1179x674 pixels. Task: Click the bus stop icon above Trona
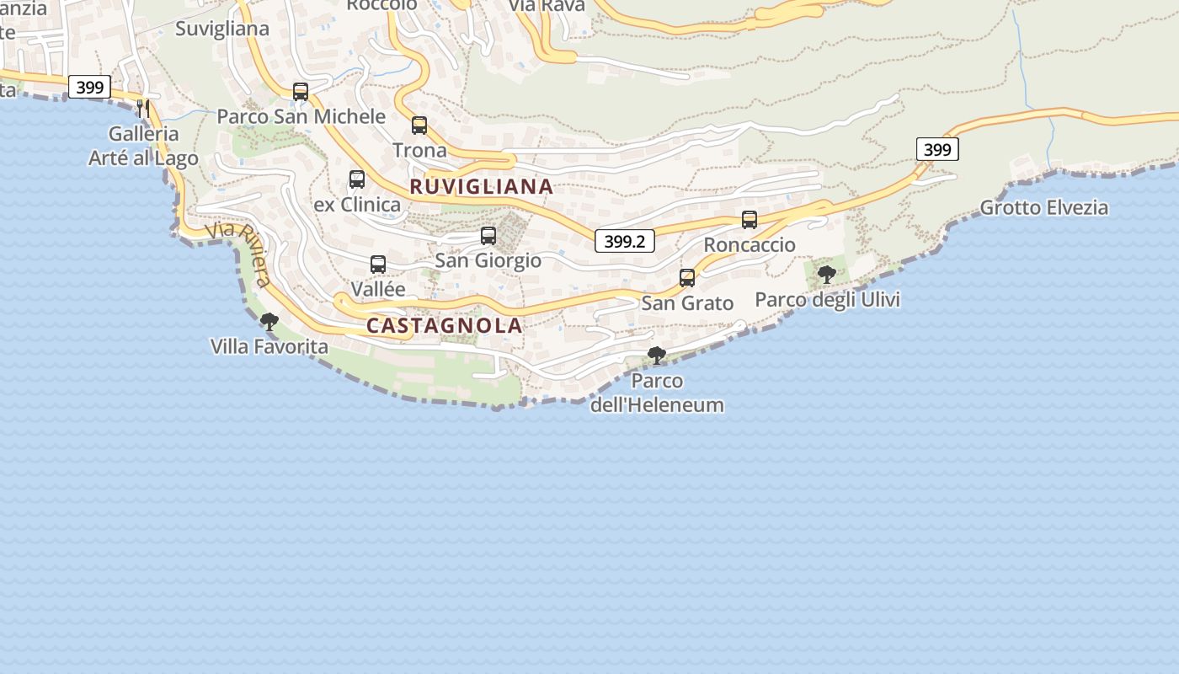[419, 126]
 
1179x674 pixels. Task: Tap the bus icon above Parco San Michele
[301, 91]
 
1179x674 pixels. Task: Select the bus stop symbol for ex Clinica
[357, 179]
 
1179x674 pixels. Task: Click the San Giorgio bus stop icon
[488, 236]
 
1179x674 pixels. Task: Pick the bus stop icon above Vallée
[378, 265]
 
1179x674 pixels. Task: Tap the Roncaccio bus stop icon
[750, 220]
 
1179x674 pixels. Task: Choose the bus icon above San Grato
[687, 278]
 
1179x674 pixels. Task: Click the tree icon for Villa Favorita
[269, 321]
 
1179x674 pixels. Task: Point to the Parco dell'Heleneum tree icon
[657, 356]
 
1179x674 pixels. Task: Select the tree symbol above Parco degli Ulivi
[827, 274]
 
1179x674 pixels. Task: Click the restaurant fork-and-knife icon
[143, 108]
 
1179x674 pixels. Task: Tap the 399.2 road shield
[624, 241]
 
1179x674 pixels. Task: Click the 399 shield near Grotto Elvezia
[937, 150]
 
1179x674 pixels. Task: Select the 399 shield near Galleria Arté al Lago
[89, 87]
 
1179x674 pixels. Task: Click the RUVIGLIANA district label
[482, 187]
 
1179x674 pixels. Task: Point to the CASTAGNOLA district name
[445, 326]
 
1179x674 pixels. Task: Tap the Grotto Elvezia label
[1044, 207]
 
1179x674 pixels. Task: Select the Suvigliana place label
[222, 29]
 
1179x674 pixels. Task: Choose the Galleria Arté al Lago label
[144, 146]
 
